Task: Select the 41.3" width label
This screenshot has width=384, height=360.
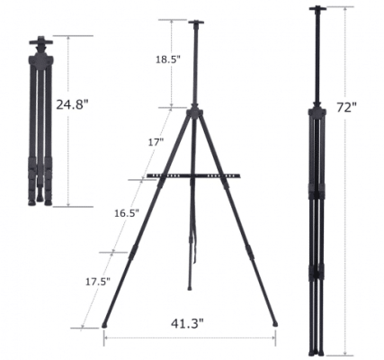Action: [x=191, y=321]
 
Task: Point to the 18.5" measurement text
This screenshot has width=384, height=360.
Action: [x=167, y=59]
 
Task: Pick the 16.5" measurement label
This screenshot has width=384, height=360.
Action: [x=126, y=213]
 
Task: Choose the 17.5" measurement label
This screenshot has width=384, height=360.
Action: [x=97, y=281]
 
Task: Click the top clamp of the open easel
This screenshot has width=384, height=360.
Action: [x=197, y=22]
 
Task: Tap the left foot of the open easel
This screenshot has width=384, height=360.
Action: [x=105, y=325]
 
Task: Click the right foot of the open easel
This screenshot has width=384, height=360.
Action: [x=277, y=325]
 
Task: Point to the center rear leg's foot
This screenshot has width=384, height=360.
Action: [x=190, y=287]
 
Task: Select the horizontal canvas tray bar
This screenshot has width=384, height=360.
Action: [x=195, y=175]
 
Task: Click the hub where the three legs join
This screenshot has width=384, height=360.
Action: [x=195, y=112]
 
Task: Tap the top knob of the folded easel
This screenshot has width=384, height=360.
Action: [x=39, y=41]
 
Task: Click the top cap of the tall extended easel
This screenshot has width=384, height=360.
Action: [x=317, y=9]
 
